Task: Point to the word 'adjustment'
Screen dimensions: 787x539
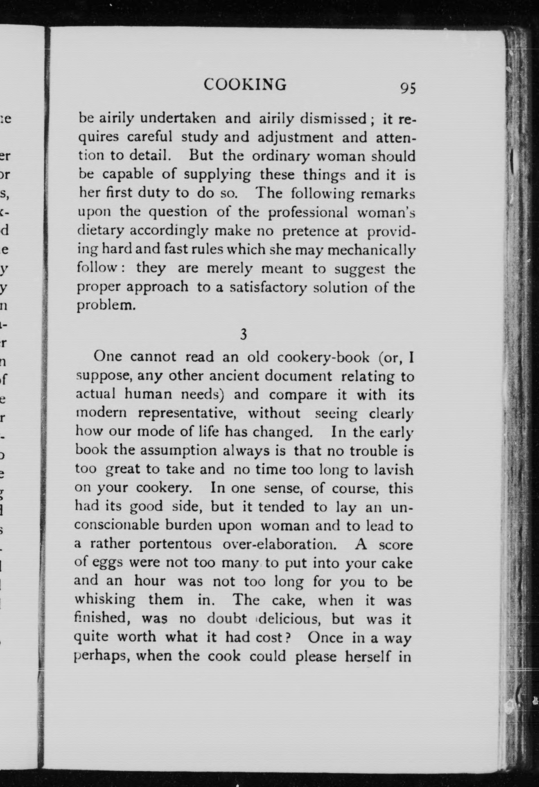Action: coord(295,137)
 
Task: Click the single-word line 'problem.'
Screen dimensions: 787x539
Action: coord(106,306)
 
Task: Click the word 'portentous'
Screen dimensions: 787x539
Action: coord(175,544)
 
